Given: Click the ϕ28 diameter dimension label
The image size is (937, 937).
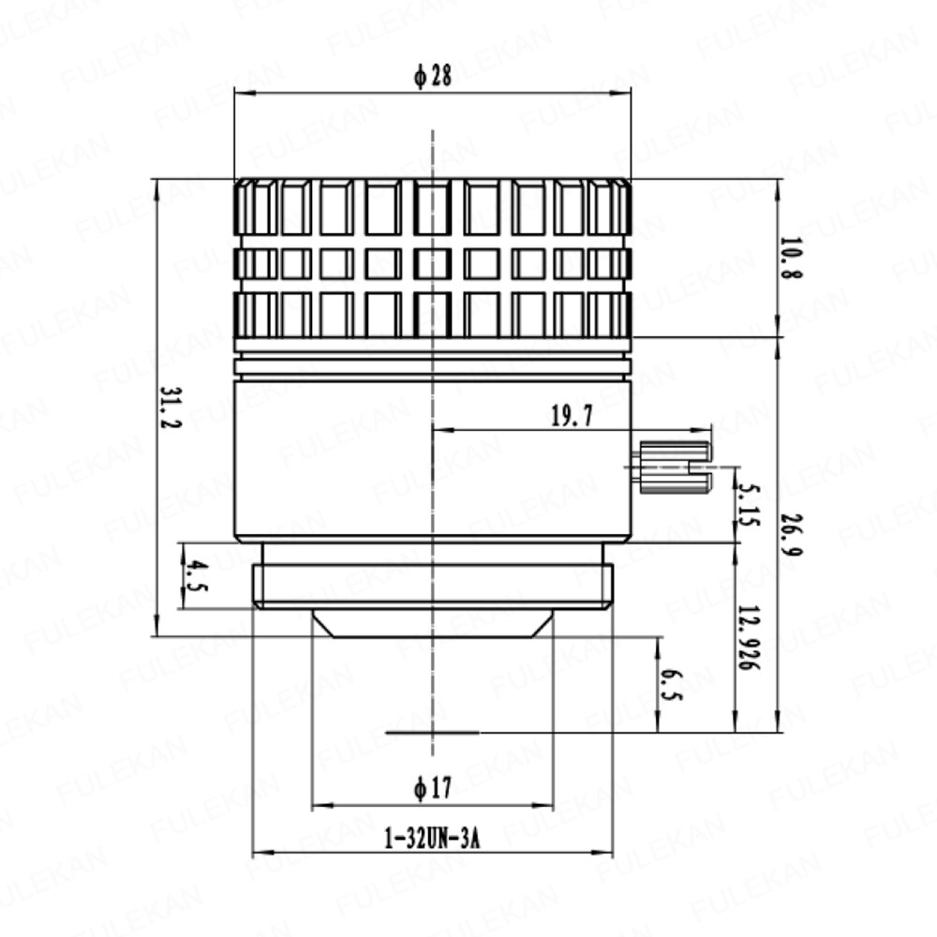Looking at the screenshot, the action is tap(433, 76).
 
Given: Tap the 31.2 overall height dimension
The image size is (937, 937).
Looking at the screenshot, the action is tap(171, 408).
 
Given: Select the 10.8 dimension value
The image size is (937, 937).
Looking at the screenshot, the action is tap(791, 258).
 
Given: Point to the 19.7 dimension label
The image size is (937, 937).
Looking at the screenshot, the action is tap(572, 416).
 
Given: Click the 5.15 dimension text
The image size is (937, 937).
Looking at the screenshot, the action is tap(747, 505).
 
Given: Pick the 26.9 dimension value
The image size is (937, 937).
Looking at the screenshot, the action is tap(791, 534).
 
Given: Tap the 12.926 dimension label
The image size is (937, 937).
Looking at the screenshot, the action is tap(748, 637).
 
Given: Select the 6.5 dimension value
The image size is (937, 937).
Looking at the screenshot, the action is tap(671, 685).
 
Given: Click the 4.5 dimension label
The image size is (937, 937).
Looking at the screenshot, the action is tap(196, 575).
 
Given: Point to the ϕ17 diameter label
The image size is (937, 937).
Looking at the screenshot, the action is tap(433, 788).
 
